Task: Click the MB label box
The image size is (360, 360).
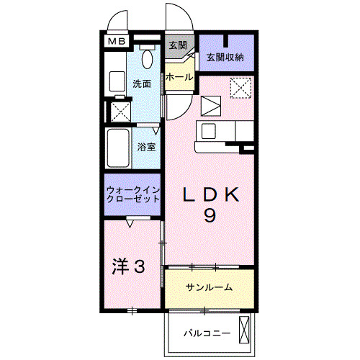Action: [117, 42]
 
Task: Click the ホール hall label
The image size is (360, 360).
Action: [178, 77]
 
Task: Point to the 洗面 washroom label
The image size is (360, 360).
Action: [142, 84]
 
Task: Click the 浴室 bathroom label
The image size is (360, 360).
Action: [148, 147]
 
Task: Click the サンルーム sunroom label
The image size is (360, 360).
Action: [209, 287]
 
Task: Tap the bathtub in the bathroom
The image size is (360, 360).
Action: [117, 148]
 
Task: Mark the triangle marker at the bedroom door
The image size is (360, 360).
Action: [131, 224]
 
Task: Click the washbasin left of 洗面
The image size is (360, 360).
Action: [117, 82]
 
